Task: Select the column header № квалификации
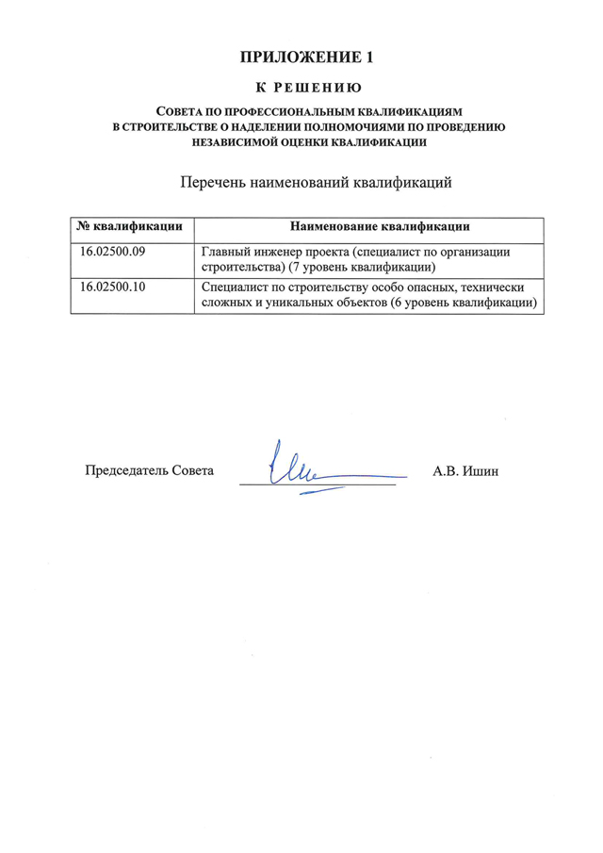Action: (x=130, y=227)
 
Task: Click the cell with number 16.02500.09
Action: (x=111, y=253)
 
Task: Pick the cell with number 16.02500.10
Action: (x=111, y=287)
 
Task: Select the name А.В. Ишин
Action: (x=465, y=469)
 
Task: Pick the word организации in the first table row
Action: (x=475, y=253)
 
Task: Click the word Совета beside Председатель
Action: (x=192, y=469)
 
